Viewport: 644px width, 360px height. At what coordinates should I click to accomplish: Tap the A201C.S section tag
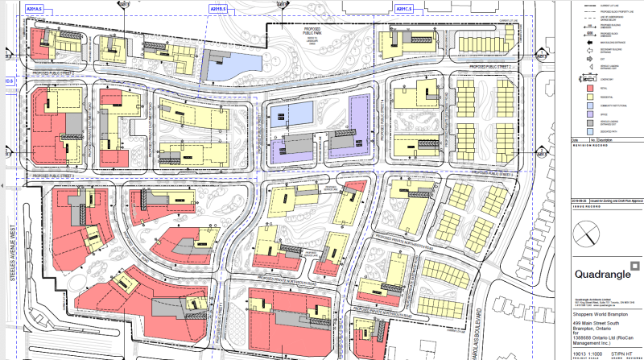(x=405, y=9)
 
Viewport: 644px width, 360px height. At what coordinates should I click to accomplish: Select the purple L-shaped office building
(x=358, y=125)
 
